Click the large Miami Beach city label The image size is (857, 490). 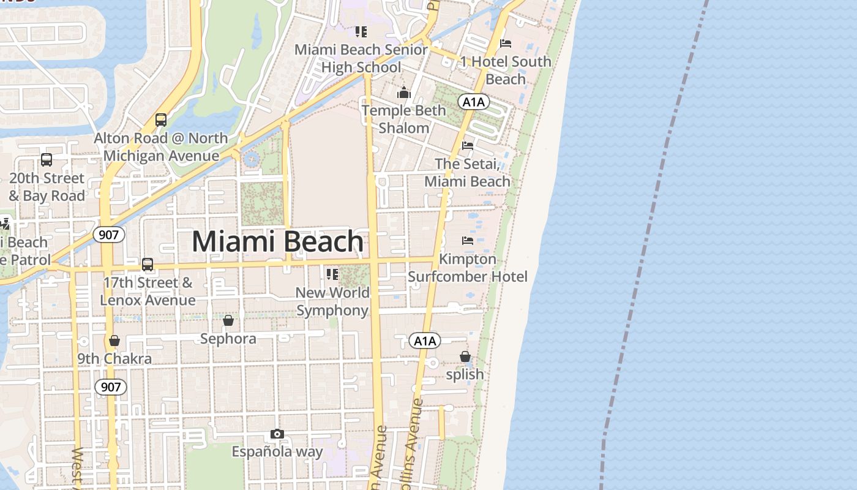tap(278, 242)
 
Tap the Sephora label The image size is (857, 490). tap(228, 339)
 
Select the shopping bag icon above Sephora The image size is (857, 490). tap(228, 320)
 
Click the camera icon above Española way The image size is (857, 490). tap(277, 434)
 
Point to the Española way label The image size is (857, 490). tap(277, 452)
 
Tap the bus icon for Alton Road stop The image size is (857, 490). tap(161, 120)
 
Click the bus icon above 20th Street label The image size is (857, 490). tap(47, 160)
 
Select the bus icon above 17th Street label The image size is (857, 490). tap(148, 265)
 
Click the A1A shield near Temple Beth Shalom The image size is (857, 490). tap(473, 102)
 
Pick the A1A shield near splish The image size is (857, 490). tap(425, 341)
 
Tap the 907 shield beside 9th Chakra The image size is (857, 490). tap(111, 387)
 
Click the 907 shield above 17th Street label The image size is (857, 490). tap(110, 234)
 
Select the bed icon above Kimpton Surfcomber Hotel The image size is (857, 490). tap(468, 241)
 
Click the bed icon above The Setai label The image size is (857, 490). tap(468, 146)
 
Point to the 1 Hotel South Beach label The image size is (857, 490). tap(506, 70)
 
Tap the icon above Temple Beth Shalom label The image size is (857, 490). tap(404, 93)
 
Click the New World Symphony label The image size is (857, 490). tap(332, 301)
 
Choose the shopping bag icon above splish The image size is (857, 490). tap(465, 356)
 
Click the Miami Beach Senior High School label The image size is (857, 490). tap(361, 58)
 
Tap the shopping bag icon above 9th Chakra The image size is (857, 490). tap(114, 341)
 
